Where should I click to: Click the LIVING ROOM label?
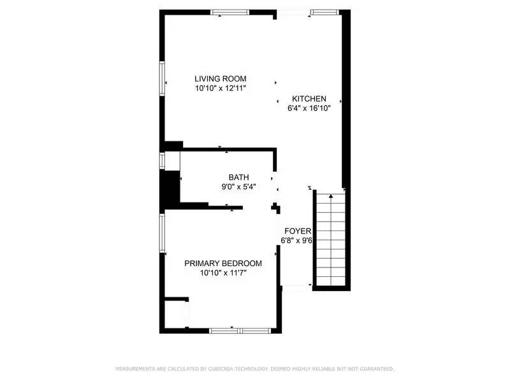click(221, 79)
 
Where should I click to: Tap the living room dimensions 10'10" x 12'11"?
click(221, 88)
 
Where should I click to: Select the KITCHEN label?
click(309, 99)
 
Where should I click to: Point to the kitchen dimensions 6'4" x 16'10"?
click(309, 108)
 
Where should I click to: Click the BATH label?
click(239, 178)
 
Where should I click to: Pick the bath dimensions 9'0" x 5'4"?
click(239, 187)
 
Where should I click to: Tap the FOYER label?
click(297, 231)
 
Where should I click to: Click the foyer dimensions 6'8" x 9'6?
click(297, 241)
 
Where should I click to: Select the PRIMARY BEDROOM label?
click(223, 264)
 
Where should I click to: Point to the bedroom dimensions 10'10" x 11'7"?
click(223, 273)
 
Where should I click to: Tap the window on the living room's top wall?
click(230, 11)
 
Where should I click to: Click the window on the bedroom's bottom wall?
click(240, 330)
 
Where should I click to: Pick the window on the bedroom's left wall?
click(163, 232)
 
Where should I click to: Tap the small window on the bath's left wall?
click(163, 160)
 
